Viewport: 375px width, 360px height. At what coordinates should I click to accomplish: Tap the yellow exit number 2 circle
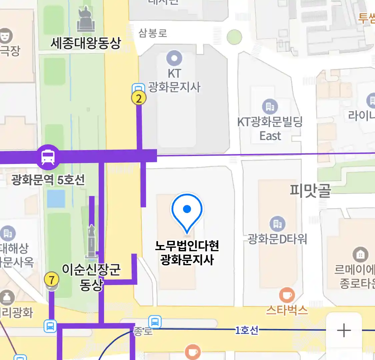139,98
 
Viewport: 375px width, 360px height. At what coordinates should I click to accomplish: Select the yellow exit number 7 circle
51,280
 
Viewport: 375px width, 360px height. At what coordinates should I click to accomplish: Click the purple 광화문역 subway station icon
48,157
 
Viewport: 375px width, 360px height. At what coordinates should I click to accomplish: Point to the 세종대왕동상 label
86,43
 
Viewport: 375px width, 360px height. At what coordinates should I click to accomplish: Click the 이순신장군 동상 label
91,277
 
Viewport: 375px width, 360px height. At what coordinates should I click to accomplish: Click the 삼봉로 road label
153,33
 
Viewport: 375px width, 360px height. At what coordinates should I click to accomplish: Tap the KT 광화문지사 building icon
174,58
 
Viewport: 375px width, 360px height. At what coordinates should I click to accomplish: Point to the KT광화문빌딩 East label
270,129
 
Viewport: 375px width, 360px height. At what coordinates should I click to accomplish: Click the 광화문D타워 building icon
277,224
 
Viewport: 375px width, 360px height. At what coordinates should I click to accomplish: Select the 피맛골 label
310,190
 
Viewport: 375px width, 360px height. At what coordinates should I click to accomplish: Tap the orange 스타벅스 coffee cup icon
287,295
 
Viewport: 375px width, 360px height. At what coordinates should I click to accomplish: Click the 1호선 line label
247,330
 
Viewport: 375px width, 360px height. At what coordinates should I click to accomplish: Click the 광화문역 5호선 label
48,180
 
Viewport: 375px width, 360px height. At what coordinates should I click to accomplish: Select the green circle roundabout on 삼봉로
234,37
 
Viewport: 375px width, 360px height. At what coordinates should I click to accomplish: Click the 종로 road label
143,331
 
